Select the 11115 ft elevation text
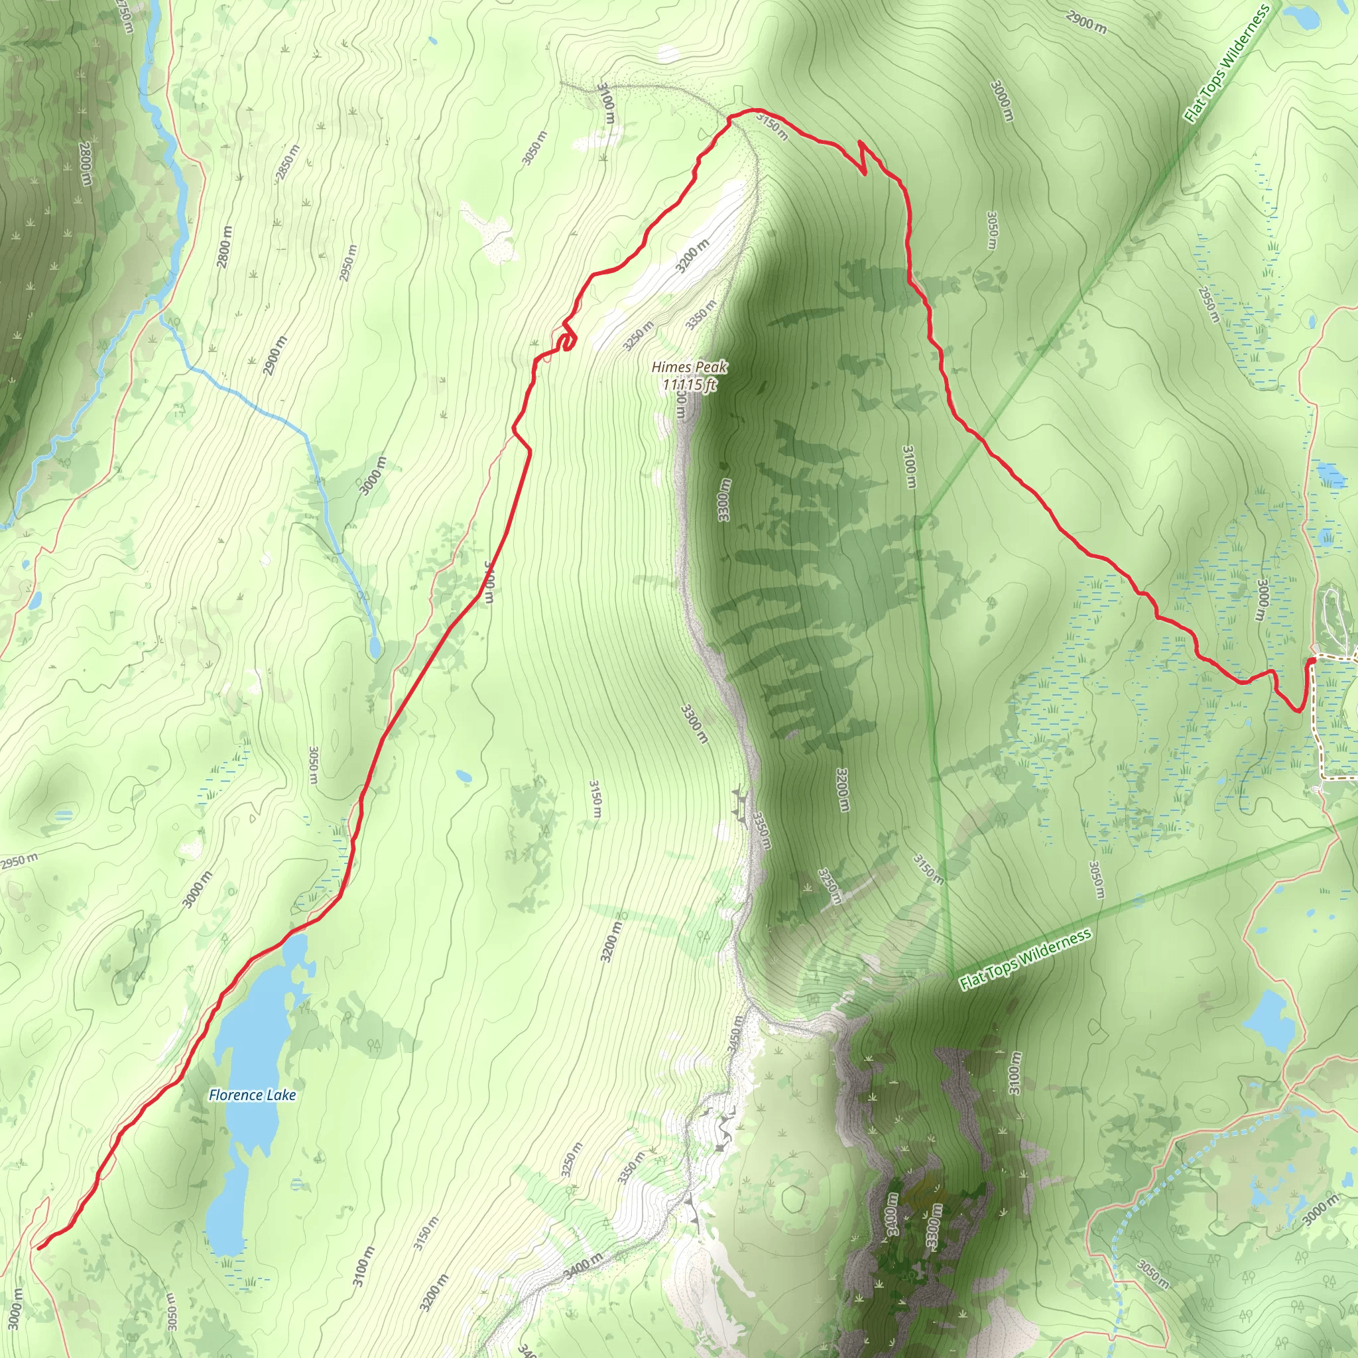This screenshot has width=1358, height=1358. pyautogui.click(x=688, y=385)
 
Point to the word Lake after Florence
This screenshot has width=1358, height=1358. pyautogui.click(x=281, y=1095)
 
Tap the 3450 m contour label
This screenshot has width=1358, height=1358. pyautogui.click(x=735, y=1034)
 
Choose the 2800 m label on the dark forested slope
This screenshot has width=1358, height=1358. pyautogui.click(x=84, y=164)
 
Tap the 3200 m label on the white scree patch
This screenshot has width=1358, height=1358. pyautogui.click(x=692, y=256)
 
